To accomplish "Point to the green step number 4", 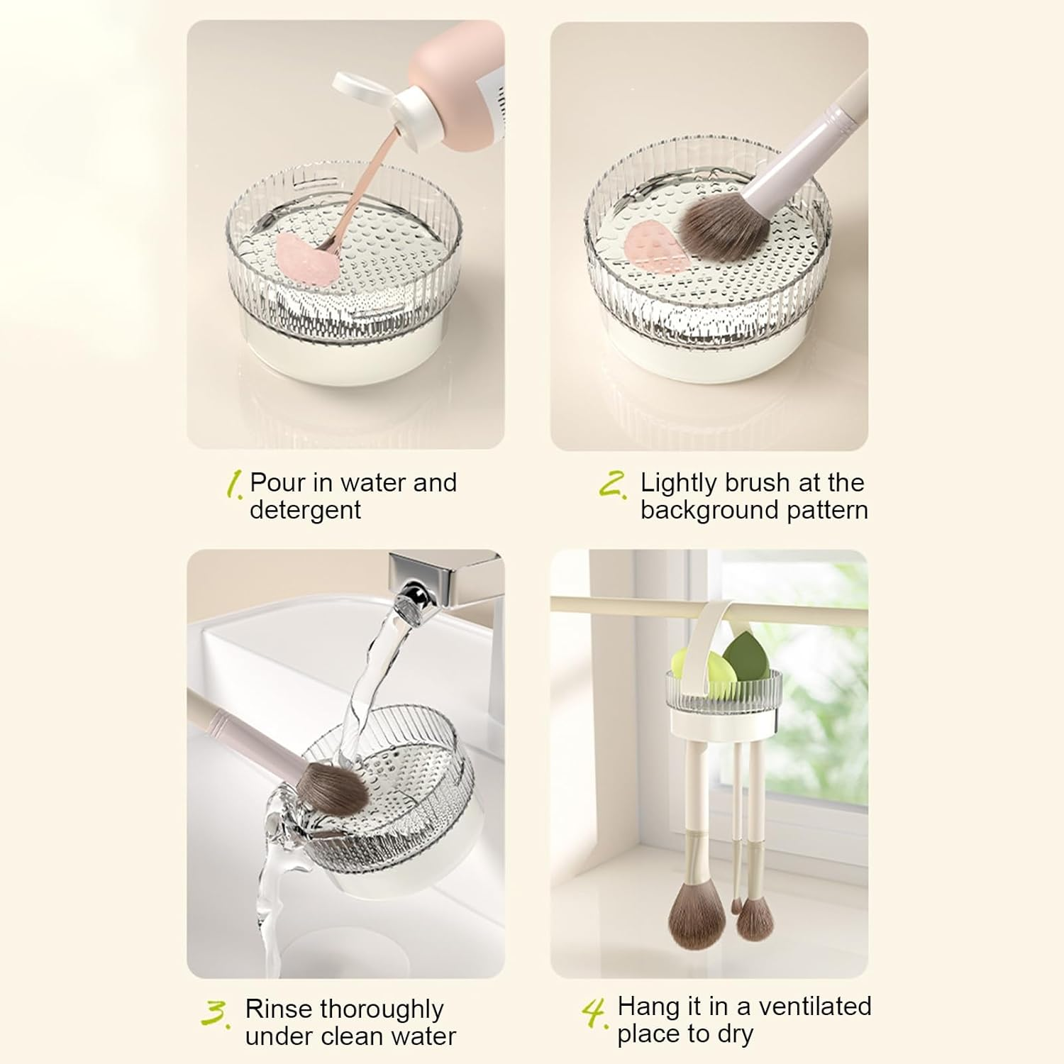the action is point(594,1013).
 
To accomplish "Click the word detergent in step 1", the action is point(305,510).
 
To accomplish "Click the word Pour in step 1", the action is point(277,483).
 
